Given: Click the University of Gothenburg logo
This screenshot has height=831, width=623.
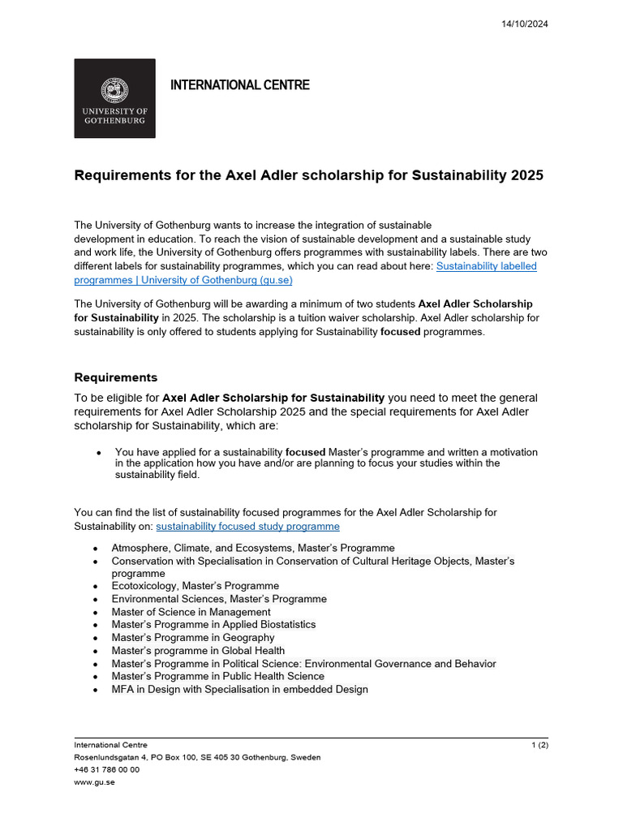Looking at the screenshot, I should pos(114,98).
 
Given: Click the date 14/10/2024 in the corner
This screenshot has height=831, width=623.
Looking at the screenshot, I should pos(526,24).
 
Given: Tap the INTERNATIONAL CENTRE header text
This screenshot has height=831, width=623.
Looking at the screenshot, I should pos(239,85).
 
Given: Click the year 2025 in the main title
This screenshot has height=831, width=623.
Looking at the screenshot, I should pos(522,175).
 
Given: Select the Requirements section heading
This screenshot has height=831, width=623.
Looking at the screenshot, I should pos(115,377).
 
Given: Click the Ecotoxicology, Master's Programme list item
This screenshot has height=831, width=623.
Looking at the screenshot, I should pos(195,586).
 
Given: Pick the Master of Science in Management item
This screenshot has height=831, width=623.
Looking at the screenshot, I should pos(191,612).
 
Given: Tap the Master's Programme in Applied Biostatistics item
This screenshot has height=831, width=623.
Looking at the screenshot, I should pos(213,625).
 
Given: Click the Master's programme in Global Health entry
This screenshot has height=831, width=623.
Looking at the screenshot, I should pos(198,651).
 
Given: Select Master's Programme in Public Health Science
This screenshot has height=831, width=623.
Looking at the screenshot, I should pos(217,677).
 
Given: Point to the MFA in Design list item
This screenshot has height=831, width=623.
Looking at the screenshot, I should pos(239,690).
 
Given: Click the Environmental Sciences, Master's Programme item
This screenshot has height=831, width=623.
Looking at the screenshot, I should pos(219,599).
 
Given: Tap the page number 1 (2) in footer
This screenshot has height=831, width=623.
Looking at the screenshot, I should pos(539,745).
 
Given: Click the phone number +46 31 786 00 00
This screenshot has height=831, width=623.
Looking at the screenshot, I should pos(106,770).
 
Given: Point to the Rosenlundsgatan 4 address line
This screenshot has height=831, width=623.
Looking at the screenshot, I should pos(197,757).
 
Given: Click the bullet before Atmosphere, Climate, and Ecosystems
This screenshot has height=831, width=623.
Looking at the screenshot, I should pos(96,549).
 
